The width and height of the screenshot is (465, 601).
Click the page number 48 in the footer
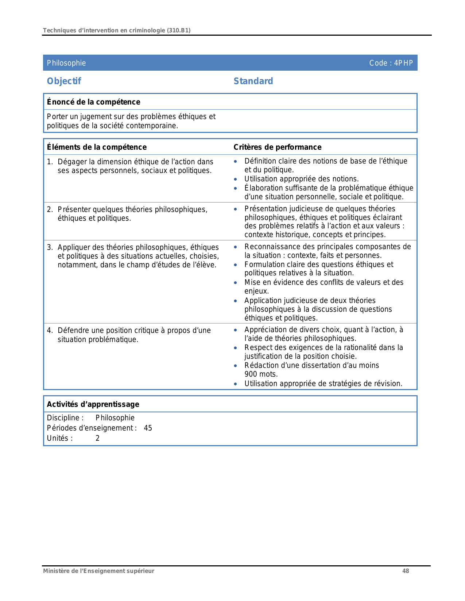coord(406,571)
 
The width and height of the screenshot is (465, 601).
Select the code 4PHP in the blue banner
coord(403,63)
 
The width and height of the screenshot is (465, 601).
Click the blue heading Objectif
coord(64,81)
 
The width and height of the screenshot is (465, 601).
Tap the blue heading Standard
coord(253,81)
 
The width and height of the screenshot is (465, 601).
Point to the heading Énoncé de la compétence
coord(93,102)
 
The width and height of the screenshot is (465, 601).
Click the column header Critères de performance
coord(277,147)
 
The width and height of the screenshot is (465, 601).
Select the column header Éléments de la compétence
coord(97,147)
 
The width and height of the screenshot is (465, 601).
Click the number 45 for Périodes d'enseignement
coord(148,428)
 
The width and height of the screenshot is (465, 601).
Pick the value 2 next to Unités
coord(97,438)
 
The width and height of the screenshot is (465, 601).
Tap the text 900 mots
coord(261,374)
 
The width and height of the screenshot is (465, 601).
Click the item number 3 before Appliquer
coord(49,247)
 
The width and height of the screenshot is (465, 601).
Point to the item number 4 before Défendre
coord(49,330)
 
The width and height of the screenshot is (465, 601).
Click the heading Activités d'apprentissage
coord(93,404)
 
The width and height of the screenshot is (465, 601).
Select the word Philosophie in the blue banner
coord(66,63)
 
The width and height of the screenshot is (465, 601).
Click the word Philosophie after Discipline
coord(115,418)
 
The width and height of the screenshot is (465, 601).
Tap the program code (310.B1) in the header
coord(178,30)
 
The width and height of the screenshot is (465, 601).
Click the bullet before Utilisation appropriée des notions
coord(236,179)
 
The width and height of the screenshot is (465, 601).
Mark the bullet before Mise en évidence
coord(236,283)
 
